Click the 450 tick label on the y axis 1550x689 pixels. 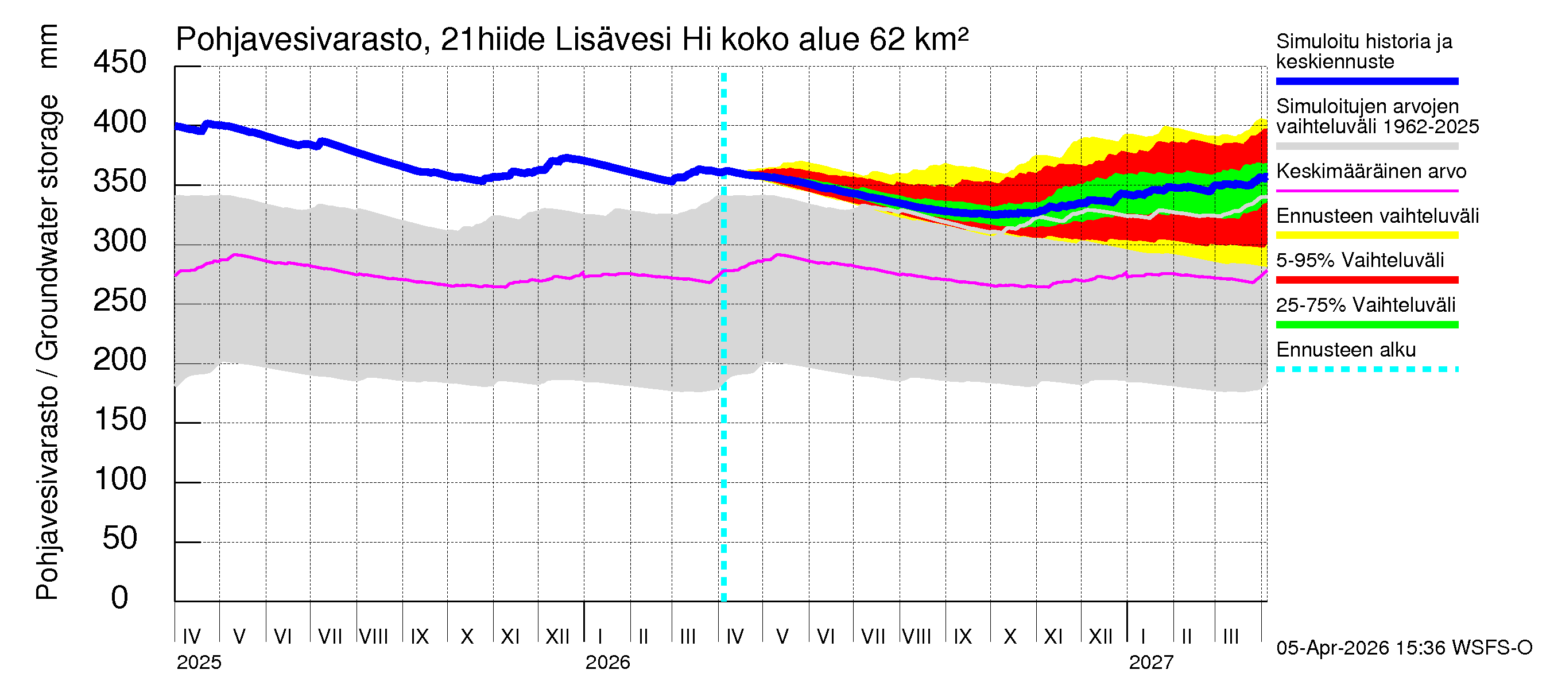[x=120, y=63]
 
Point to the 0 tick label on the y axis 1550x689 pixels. [x=120, y=598]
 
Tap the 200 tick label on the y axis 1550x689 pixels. [x=120, y=360]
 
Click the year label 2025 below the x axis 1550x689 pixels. [x=199, y=662]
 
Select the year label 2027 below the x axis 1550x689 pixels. [x=1150, y=662]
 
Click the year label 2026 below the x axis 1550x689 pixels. [x=607, y=662]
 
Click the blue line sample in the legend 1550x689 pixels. [x=1366, y=81]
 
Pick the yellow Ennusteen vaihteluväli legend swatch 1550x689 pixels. [x=1366, y=235]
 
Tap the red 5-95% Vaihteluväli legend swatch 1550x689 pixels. [x=1366, y=280]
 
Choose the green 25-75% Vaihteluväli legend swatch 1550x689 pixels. [x=1366, y=325]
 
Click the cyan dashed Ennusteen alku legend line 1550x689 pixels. [x=1366, y=369]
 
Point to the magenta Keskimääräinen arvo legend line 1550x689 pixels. [x=1366, y=191]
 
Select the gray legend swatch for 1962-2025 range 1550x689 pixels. [x=1366, y=146]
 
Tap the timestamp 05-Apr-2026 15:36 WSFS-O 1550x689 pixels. [x=1404, y=648]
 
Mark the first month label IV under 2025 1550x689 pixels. [x=191, y=636]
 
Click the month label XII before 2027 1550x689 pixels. [x=1100, y=636]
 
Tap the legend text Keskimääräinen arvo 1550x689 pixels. [x=1371, y=172]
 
